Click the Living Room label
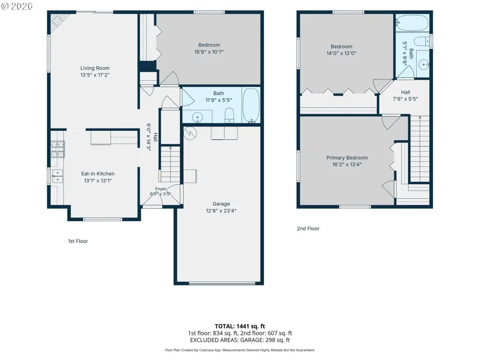click(95, 68)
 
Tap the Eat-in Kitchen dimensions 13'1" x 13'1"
click(97, 180)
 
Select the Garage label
click(221, 204)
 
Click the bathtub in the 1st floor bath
click(251, 105)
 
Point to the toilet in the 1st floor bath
click(229, 115)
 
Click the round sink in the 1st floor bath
click(197, 117)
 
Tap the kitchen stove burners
click(58, 149)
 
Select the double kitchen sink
click(57, 176)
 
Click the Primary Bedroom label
click(347, 157)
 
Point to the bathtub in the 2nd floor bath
click(412, 23)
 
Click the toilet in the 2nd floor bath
click(422, 41)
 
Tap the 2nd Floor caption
click(308, 228)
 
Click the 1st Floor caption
click(78, 241)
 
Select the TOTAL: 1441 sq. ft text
click(240, 326)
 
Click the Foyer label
click(160, 189)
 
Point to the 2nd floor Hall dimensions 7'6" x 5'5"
click(405, 99)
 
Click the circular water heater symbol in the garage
click(190, 133)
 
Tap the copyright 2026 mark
click(17, 6)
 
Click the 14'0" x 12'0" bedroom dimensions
click(341, 53)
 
